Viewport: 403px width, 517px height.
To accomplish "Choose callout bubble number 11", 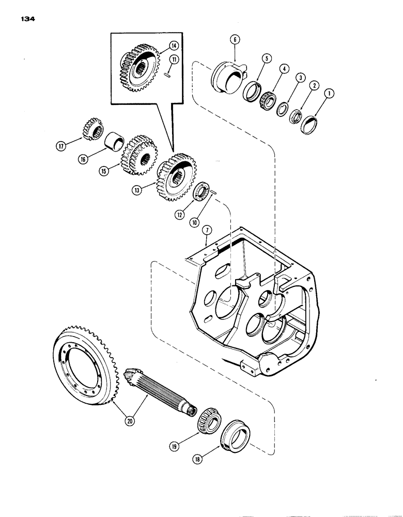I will coord(175,60).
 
